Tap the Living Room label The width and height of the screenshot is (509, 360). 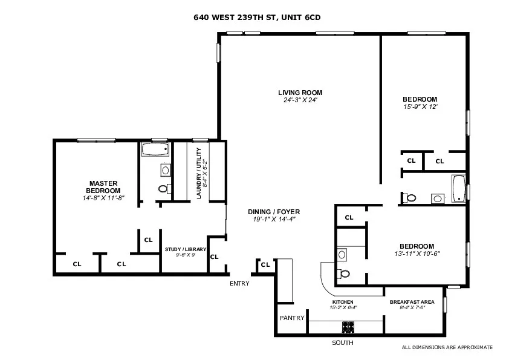click(300, 93)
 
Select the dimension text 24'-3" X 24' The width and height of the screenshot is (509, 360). click(300, 100)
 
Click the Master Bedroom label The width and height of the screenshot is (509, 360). click(103, 187)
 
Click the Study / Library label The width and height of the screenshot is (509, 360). click(186, 249)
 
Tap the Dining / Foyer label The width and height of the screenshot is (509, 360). click(274, 212)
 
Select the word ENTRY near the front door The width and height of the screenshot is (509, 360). click(239, 283)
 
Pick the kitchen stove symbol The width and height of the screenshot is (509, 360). click(348, 327)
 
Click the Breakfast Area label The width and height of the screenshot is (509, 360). click(407, 302)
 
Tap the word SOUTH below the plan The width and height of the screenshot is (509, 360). click(342, 343)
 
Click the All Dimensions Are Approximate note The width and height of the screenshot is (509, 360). click(447, 347)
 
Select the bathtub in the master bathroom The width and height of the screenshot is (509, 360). click(154, 149)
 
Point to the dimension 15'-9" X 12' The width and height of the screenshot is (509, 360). click(420, 106)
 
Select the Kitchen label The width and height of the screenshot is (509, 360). click(343, 302)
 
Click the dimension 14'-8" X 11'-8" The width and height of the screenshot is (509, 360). click(103, 198)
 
